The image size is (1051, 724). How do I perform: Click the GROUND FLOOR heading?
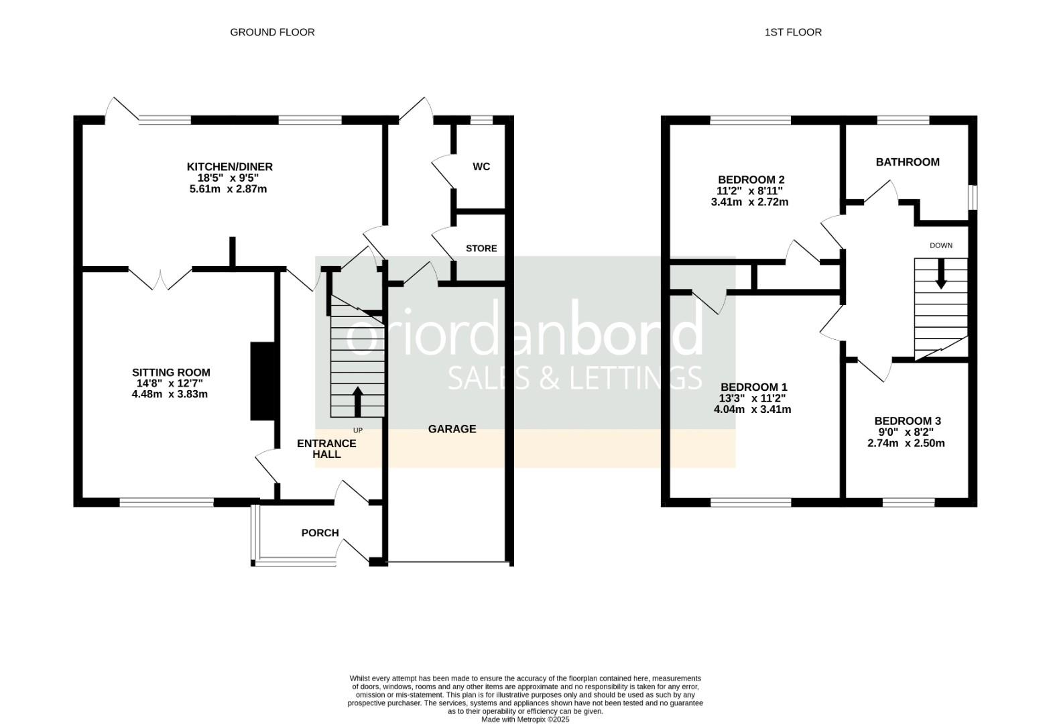pos(272,32)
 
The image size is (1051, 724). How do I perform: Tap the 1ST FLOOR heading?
pos(793,32)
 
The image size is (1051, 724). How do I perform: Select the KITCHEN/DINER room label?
pos(229,166)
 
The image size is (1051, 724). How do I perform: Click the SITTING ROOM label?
pos(172,373)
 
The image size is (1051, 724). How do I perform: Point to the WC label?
pos(481,166)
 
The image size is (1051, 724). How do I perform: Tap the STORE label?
pos(481,248)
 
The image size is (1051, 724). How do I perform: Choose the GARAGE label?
pos(452,429)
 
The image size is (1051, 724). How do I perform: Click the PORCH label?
pos(320,532)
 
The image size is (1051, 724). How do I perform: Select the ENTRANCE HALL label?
pos(326,448)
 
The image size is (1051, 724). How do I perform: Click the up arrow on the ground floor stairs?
pos(357,402)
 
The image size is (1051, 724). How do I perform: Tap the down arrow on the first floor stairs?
pos(941,274)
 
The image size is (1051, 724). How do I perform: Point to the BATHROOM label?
pos(908,162)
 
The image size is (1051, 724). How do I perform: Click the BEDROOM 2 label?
pos(751,180)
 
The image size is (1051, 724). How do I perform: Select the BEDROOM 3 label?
pos(908,421)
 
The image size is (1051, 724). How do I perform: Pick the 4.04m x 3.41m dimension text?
pos(752,409)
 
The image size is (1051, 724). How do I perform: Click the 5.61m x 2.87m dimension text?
pos(228,189)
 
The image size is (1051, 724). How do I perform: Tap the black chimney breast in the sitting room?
pos(262,381)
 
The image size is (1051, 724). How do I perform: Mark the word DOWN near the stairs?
pos(941,245)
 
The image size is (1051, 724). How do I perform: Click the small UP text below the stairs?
pos(357,430)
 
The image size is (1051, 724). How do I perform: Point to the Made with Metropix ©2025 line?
pos(525,719)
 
